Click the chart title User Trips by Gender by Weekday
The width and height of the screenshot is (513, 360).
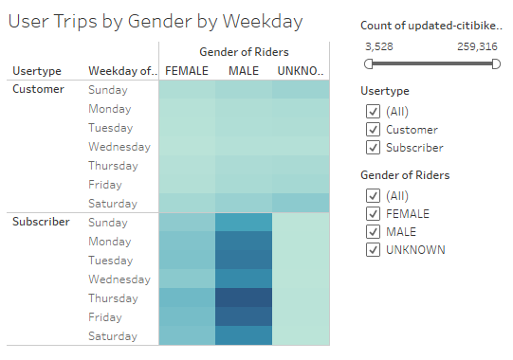(x=156, y=20)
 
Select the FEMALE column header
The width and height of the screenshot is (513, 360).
(x=187, y=71)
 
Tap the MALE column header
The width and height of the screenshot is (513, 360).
(x=244, y=71)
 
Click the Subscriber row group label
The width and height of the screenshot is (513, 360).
(x=41, y=222)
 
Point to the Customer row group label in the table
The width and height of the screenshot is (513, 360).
(x=38, y=89)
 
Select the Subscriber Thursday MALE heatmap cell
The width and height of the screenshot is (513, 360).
(x=244, y=297)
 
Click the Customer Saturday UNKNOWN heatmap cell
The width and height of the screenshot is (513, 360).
(x=301, y=203)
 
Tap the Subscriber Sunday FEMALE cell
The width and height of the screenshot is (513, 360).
(x=187, y=222)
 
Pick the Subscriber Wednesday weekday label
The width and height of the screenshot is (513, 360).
(x=119, y=279)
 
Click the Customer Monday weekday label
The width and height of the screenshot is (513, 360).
(x=111, y=109)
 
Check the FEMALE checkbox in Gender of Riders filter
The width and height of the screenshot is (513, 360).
(x=373, y=214)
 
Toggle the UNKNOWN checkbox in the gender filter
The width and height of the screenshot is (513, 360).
(x=373, y=249)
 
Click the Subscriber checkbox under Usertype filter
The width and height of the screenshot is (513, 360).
(x=373, y=147)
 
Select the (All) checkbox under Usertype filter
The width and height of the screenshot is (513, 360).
(x=373, y=112)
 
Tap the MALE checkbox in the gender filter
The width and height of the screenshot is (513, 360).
(x=373, y=232)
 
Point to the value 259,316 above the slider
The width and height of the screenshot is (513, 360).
(x=478, y=45)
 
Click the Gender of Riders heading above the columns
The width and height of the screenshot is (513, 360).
(x=244, y=51)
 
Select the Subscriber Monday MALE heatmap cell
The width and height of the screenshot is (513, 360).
(x=244, y=241)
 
